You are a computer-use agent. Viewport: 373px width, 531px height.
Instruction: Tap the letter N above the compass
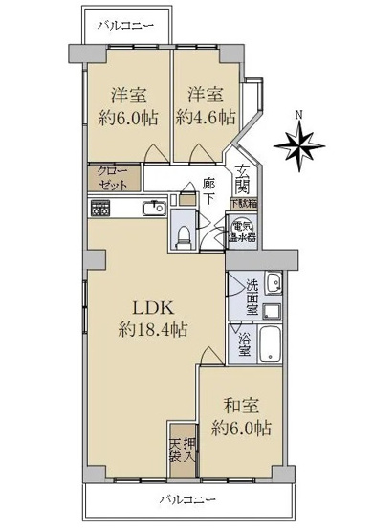tap(300, 116)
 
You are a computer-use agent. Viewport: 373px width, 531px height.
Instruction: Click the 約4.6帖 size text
tap(206, 118)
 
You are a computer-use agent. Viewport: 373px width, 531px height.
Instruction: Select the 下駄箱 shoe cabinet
tap(243, 205)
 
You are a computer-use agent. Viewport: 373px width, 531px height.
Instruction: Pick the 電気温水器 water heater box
tap(240, 231)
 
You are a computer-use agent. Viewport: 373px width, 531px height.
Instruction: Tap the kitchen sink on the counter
tap(154, 207)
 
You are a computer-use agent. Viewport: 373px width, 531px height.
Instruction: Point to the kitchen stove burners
tap(100, 207)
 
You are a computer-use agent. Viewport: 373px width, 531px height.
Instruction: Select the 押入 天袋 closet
tap(181, 449)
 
